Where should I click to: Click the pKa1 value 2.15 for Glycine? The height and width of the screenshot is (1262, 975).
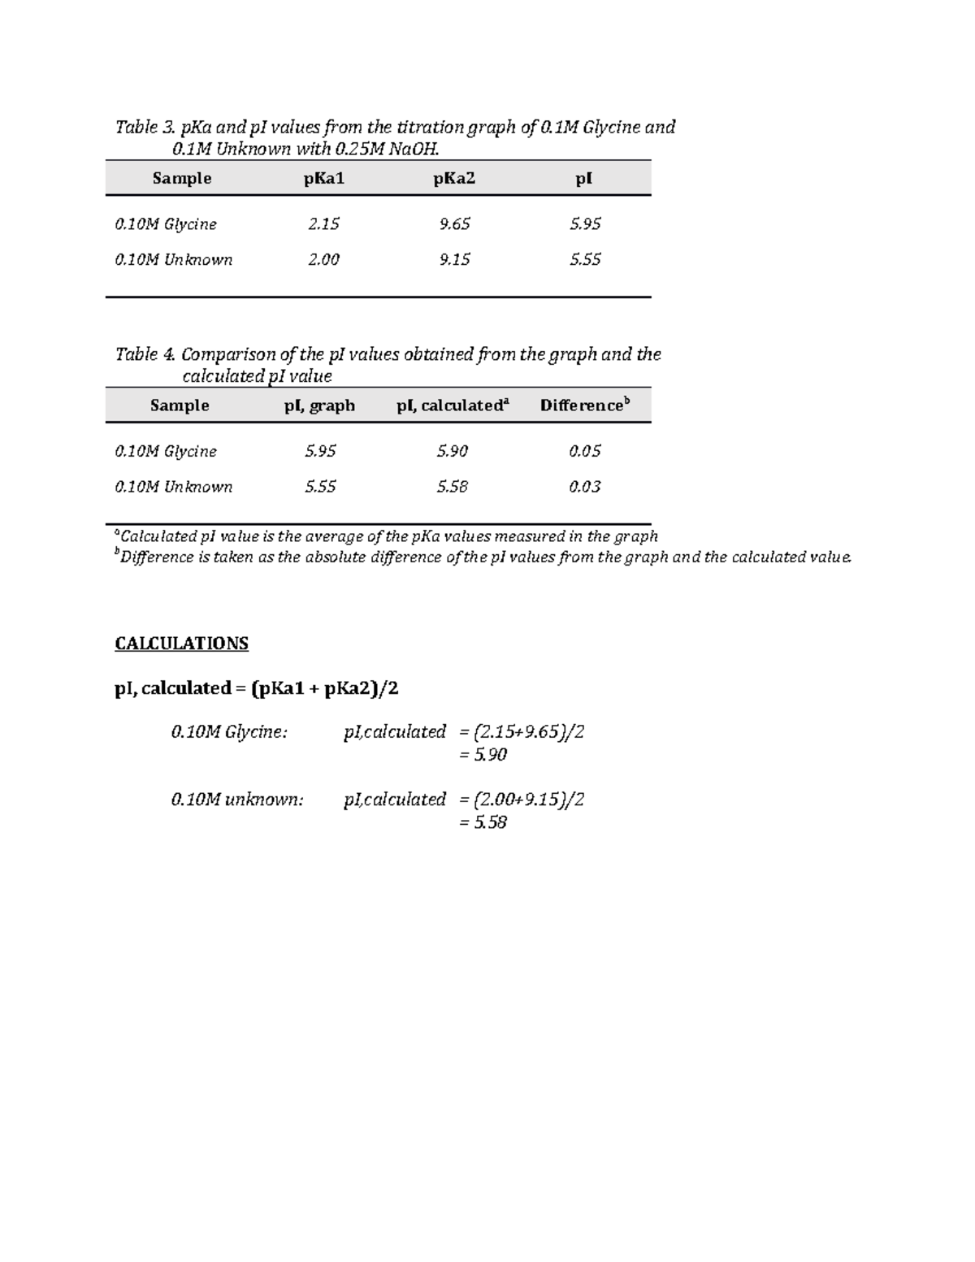323,223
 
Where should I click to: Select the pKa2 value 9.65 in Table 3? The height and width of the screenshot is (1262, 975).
454,223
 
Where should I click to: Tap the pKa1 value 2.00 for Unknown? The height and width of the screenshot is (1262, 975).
323,259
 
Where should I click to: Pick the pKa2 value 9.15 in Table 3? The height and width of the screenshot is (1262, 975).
454,259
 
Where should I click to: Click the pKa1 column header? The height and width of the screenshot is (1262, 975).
324,178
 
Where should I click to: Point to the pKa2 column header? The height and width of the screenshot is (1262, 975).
454,178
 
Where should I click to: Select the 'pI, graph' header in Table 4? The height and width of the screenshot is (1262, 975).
319,405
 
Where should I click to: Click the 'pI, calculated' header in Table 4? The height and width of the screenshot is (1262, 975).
452,405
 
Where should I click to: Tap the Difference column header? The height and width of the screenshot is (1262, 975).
584,405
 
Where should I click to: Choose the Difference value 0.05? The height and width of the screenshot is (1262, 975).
584,451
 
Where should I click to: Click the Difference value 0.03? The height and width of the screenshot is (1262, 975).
584,487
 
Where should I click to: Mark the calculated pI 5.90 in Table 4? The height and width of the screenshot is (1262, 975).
452,451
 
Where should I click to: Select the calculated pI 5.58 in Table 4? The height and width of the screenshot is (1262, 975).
452,487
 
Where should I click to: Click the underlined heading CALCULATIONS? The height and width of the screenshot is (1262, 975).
181,644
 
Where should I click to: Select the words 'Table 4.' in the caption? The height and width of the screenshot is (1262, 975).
145,354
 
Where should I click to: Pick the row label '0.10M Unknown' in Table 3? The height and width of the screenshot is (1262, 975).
174,260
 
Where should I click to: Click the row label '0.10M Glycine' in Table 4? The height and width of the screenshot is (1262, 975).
166,451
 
